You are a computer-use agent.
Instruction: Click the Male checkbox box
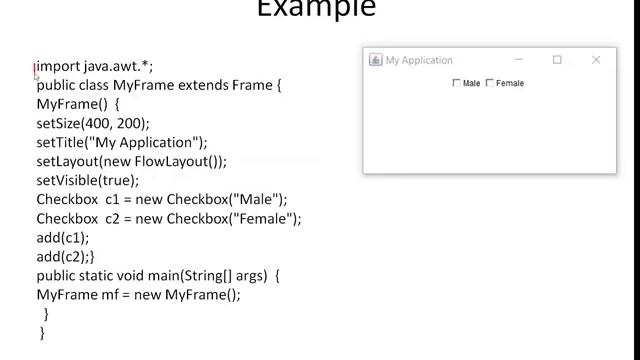(x=457, y=83)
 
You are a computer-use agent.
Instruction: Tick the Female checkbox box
(x=490, y=83)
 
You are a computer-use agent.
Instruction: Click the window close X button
(x=596, y=60)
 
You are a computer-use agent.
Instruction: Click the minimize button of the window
(x=519, y=60)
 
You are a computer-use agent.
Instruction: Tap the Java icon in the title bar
(x=376, y=60)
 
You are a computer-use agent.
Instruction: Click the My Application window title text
(x=419, y=60)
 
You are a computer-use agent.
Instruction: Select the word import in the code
(x=58, y=66)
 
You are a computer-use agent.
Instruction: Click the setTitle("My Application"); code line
(x=122, y=142)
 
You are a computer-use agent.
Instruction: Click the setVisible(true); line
(x=88, y=180)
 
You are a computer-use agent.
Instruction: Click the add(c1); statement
(x=63, y=238)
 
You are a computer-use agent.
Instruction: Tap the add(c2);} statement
(x=65, y=257)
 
